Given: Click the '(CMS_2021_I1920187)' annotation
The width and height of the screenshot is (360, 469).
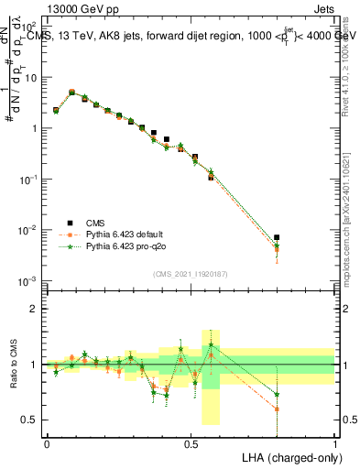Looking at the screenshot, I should (x=191, y=273).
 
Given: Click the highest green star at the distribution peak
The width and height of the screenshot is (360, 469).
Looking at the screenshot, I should (x=72, y=92).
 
